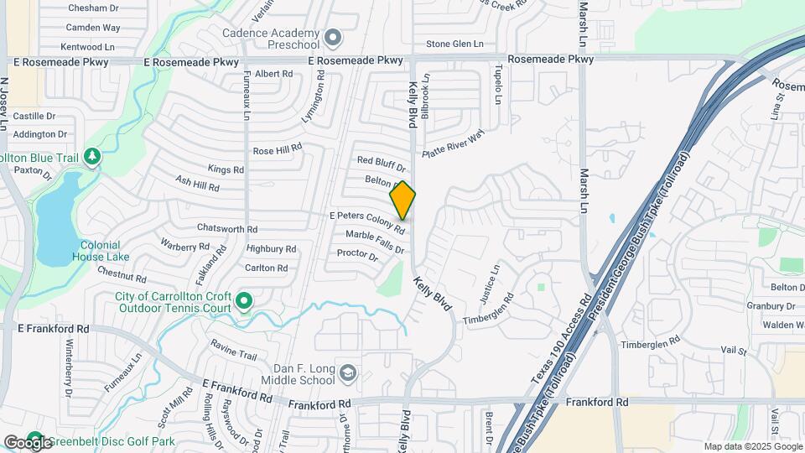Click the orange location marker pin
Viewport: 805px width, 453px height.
[402, 200]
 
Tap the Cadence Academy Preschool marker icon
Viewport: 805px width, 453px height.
[334, 38]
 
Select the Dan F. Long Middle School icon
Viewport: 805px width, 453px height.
[347, 372]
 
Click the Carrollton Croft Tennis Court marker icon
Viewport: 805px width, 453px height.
[244, 300]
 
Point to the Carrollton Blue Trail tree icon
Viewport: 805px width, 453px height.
[92, 157]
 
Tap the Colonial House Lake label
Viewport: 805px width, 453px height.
[105, 250]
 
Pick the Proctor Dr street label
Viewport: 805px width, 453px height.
[357, 253]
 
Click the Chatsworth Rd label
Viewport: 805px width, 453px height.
[226, 228]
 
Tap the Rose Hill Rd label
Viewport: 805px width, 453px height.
[277, 151]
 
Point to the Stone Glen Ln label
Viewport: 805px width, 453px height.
[455, 44]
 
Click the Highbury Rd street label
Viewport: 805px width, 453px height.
[272, 249]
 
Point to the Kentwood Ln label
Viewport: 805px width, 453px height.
[93, 47]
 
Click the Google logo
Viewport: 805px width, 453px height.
[27, 442]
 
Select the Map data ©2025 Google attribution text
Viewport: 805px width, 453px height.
[752, 446]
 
